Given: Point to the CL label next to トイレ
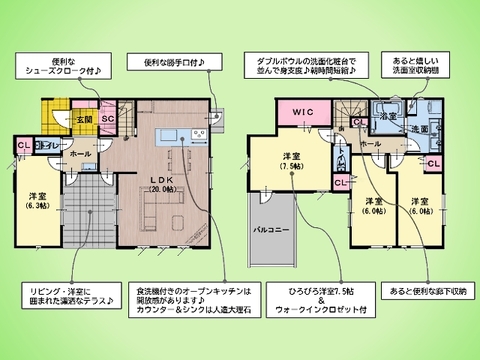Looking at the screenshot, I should tap(22, 146).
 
